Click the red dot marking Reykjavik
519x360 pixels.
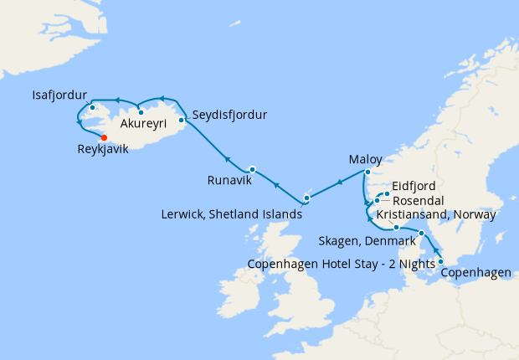point(104,138)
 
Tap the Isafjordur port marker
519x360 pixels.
point(90,107)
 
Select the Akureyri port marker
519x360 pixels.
point(141,112)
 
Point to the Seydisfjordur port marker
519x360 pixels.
point(182,120)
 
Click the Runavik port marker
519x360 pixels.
point(252,169)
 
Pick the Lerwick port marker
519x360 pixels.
point(306,198)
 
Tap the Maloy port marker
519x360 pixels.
point(366,173)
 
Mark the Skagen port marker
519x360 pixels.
point(421,233)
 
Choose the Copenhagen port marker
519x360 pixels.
point(440,262)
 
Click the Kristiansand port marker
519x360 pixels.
point(396,227)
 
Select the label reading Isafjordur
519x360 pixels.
point(60,93)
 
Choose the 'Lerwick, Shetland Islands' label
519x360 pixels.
point(231,214)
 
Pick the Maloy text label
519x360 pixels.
point(365,159)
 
